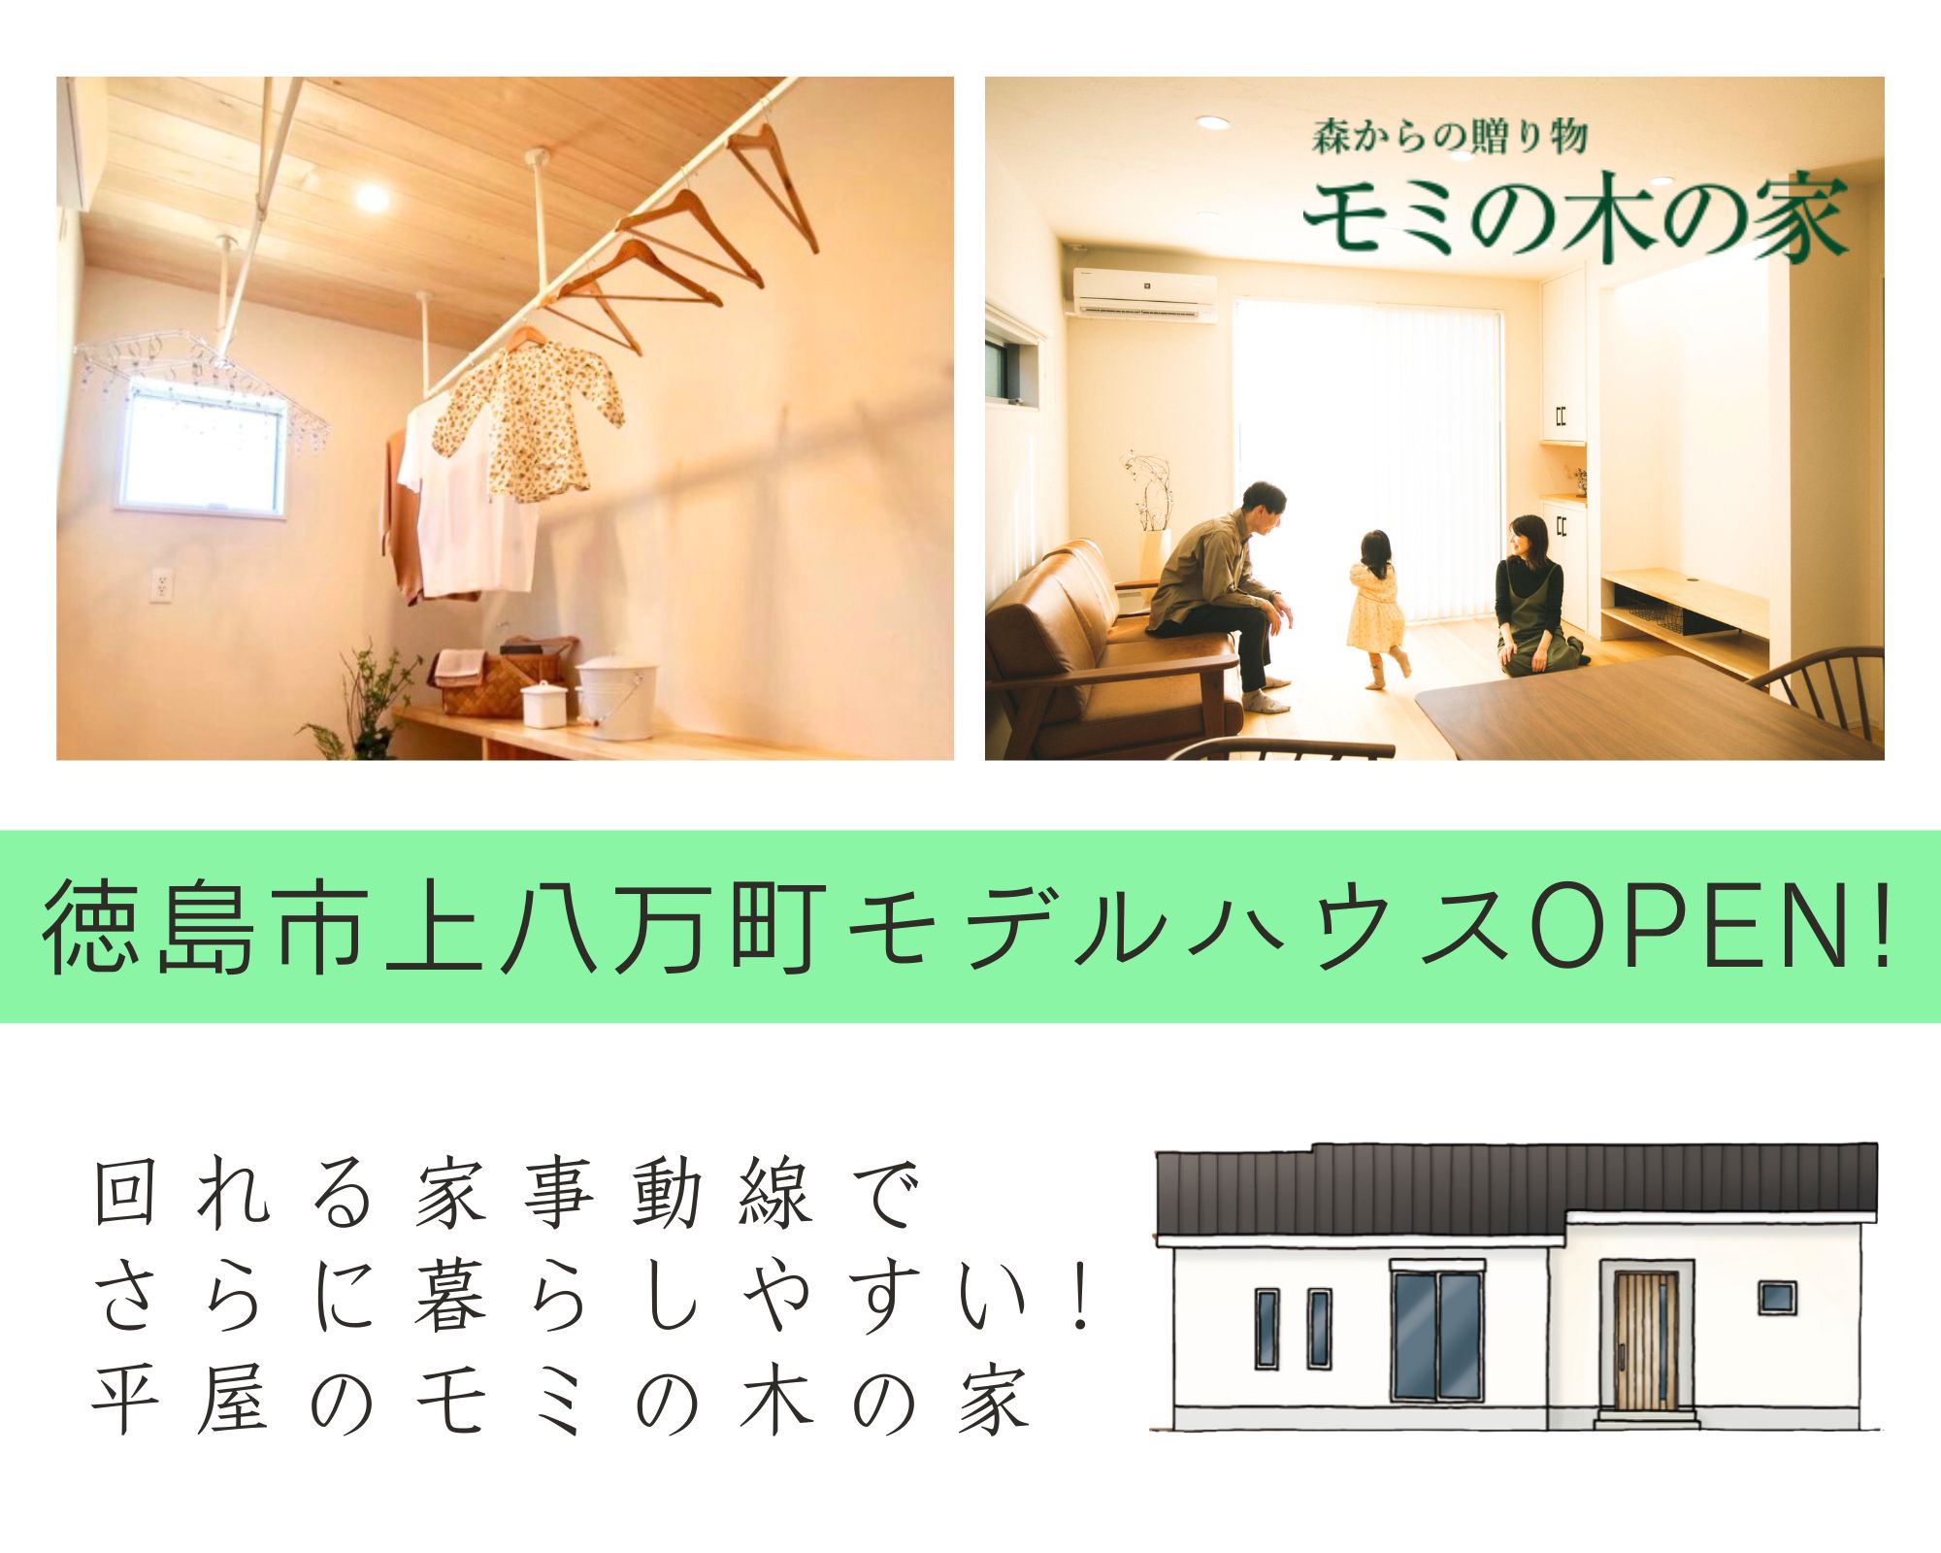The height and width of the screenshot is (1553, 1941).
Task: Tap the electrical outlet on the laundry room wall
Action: point(161,585)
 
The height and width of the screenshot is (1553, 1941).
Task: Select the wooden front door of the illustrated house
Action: point(1646,1340)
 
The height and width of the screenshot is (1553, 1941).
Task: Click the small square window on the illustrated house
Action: point(1777,1298)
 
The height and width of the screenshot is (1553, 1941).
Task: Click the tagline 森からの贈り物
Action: point(1449,137)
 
